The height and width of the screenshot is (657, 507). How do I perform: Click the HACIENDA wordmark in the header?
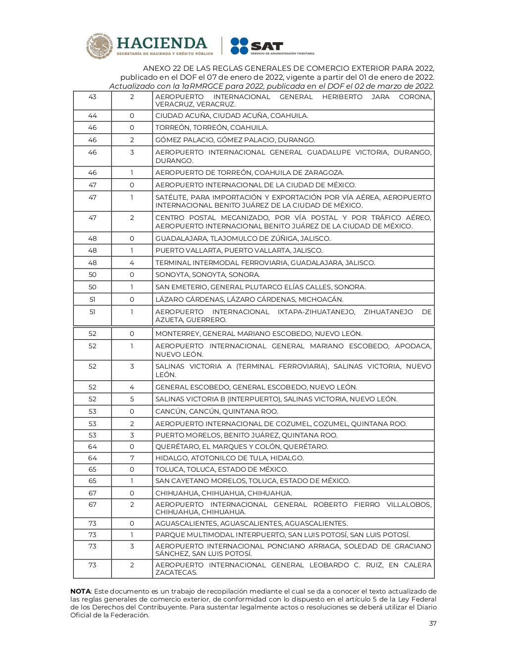tap(161, 43)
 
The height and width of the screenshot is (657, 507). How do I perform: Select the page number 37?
tap(432, 623)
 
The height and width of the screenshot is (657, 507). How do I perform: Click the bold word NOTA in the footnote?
tap(80, 591)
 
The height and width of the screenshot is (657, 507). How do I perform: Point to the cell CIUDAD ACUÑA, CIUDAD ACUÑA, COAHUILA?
tap(232, 115)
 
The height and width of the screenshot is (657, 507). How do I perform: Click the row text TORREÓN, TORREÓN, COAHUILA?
tap(212, 127)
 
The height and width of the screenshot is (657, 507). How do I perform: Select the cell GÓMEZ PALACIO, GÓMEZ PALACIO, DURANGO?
tap(235, 140)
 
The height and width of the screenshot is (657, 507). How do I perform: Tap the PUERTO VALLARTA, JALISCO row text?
tap(239, 250)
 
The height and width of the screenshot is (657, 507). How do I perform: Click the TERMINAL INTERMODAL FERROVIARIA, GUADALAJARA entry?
tap(265, 263)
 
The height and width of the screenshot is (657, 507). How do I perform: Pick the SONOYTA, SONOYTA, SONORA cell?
tap(207, 274)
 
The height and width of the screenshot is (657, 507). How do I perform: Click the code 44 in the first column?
tap(92, 115)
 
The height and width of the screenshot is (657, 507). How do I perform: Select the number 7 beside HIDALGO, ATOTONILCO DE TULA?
tap(132, 458)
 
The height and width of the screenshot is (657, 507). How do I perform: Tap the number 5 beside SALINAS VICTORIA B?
tap(132, 399)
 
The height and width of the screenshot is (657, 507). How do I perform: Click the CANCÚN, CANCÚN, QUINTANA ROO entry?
tap(217, 411)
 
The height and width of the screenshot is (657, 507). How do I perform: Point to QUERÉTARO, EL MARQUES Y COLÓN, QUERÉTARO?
tap(242, 446)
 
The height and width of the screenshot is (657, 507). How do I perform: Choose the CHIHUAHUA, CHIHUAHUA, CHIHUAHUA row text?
tap(224, 493)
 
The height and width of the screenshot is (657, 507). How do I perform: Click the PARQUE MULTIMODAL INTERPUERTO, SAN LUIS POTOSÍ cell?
tap(283, 535)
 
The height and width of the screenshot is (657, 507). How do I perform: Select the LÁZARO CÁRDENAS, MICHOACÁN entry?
tap(250, 299)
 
